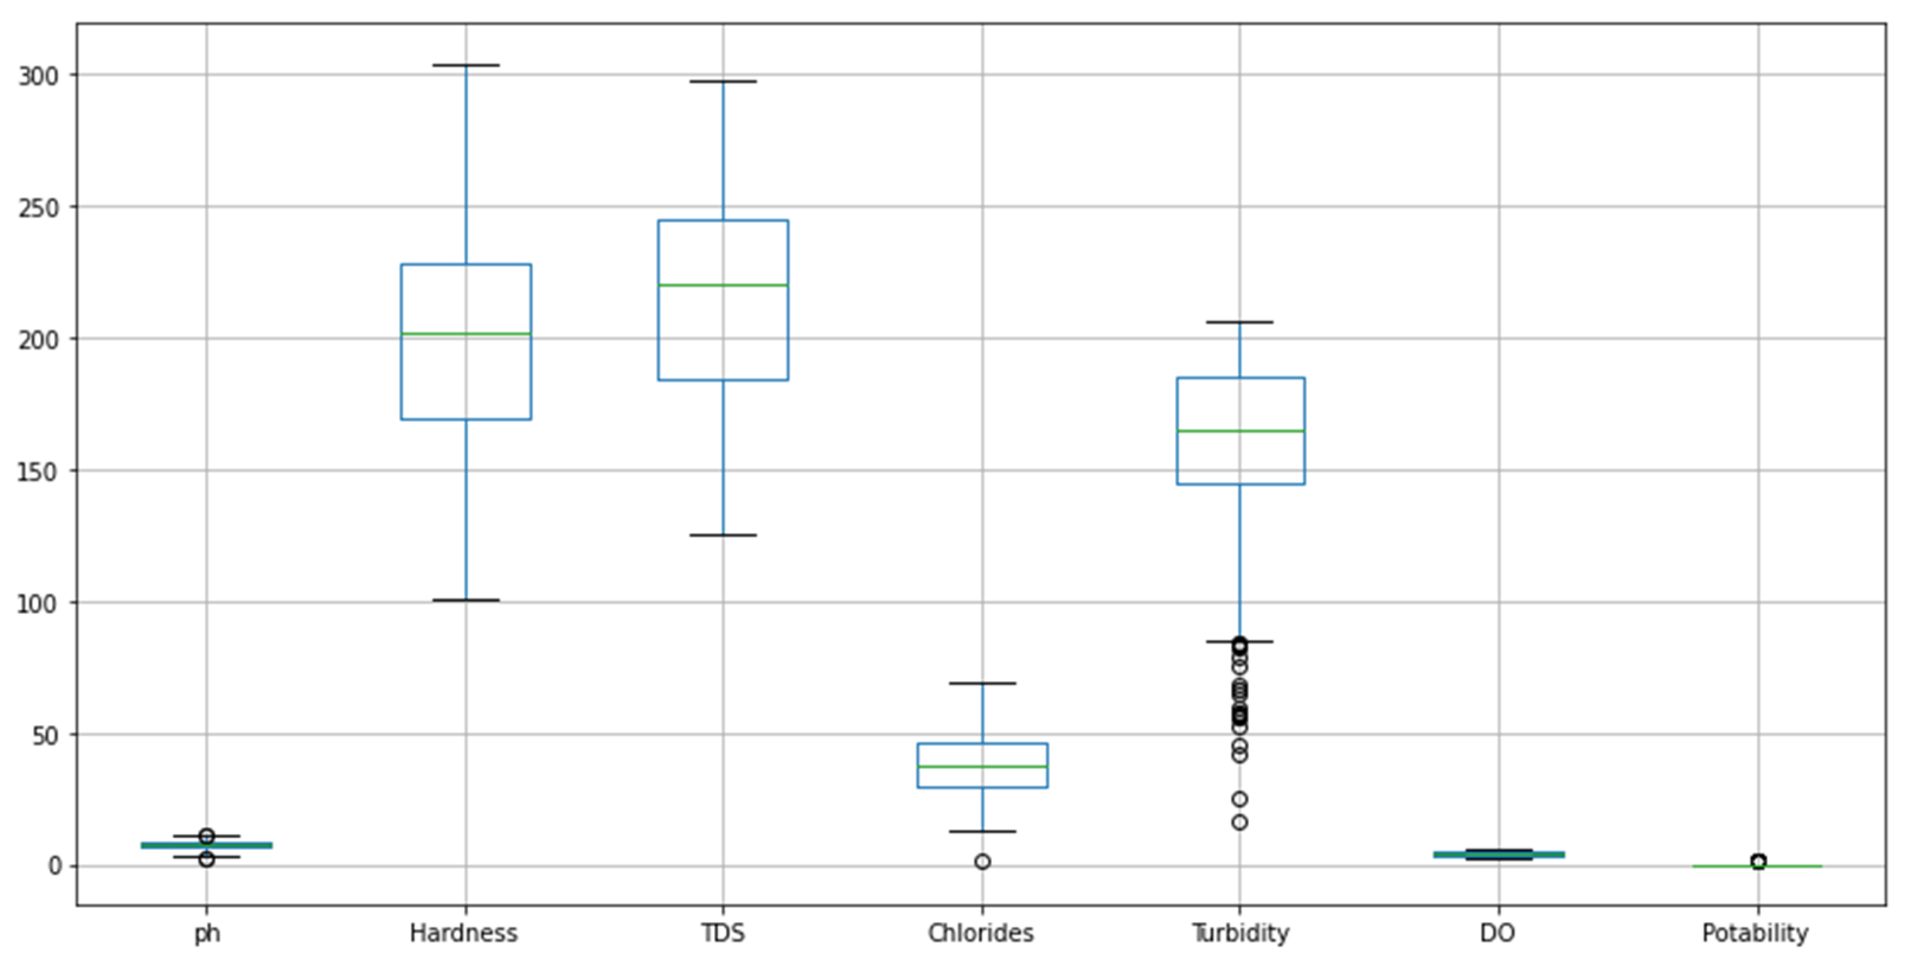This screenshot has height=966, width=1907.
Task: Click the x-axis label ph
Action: pos(207,933)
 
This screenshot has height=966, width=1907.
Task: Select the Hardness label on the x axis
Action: pos(464,933)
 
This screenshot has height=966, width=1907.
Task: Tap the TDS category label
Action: pos(723,933)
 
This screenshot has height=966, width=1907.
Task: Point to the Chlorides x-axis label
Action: pos(981,933)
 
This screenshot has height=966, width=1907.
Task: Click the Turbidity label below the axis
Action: pos(1241,933)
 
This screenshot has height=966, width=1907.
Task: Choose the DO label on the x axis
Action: pos(1498,933)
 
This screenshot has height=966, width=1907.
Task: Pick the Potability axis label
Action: pos(1755,933)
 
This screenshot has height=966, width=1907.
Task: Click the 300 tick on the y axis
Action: pos(38,76)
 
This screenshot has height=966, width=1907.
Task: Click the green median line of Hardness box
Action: pos(466,334)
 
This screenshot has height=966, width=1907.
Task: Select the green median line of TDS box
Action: pos(723,285)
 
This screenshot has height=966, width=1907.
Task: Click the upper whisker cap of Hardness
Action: pos(466,65)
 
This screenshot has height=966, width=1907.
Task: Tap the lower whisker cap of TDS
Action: pos(723,535)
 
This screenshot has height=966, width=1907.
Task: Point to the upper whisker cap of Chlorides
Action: pos(982,683)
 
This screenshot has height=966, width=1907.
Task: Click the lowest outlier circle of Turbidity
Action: pos(1240,823)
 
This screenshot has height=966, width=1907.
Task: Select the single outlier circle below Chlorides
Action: pos(982,862)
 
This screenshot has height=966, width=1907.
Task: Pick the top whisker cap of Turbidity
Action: pos(1240,322)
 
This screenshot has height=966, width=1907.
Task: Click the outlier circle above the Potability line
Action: pos(1758,861)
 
